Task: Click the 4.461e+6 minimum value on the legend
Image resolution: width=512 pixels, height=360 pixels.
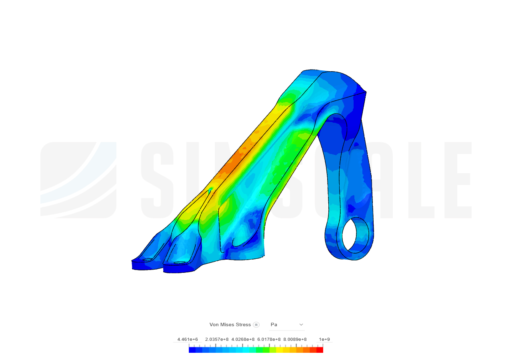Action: [x=188, y=340]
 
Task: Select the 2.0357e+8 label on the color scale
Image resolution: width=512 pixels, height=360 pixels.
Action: [x=216, y=340]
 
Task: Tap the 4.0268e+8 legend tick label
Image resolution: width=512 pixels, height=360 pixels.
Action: [x=243, y=340]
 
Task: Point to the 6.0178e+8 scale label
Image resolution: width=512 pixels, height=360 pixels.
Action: [x=269, y=340]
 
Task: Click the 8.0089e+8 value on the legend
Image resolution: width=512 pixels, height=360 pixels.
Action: [x=295, y=340]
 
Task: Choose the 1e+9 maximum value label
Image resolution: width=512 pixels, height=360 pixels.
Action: [x=324, y=340]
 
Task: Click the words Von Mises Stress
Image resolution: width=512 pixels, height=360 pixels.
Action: [x=230, y=324]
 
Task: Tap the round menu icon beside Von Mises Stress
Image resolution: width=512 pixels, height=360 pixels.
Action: [x=256, y=324]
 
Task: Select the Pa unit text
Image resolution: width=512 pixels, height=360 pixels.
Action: [x=274, y=324]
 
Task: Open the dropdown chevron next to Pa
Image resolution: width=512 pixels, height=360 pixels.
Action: [x=301, y=324]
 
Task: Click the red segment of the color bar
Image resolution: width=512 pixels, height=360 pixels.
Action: [x=320, y=350]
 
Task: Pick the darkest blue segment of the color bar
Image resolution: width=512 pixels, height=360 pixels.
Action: [x=192, y=350]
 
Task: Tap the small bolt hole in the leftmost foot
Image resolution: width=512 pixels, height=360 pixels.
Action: [x=147, y=260]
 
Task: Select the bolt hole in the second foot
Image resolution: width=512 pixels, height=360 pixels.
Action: [x=180, y=263]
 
